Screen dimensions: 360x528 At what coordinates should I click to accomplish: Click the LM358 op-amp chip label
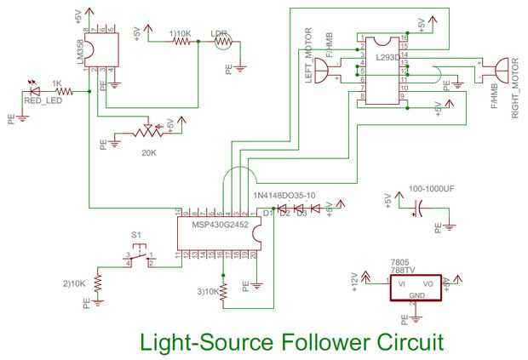(81, 52)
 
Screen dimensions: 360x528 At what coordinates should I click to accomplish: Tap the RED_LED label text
(41, 100)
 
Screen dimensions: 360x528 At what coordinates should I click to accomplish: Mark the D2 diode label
(284, 214)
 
